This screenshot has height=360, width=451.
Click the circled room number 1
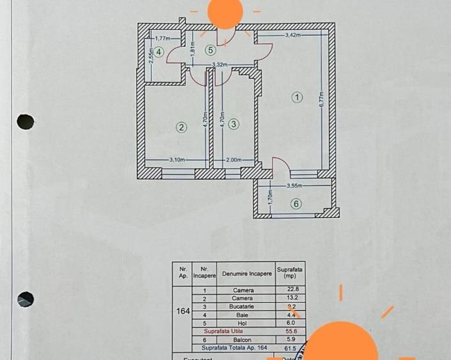tap(296, 97)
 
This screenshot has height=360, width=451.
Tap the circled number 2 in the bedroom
tap(182, 127)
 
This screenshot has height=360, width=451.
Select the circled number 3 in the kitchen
tap(233, 124)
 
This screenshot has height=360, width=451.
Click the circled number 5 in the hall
tap(209, 50)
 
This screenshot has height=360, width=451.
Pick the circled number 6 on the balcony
tap(296, 204)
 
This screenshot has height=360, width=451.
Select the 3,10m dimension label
tap(177, 160)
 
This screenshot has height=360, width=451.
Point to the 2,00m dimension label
tap(233, 160)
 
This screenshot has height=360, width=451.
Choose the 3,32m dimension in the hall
tap(221, 65)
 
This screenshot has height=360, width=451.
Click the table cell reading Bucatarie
tap(243, 306)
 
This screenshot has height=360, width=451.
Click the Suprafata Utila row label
tap(224, 331)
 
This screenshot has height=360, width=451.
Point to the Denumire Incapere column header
tap(246, 273)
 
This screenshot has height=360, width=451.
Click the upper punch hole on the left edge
tap(25, 121)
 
